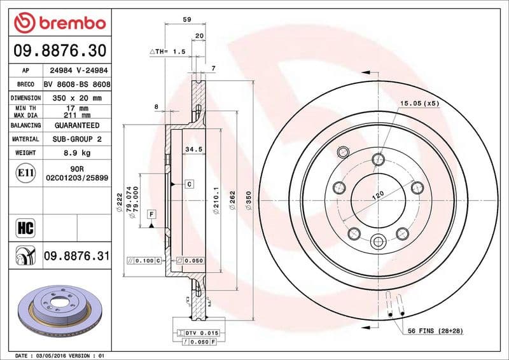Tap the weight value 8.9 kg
[x=77, y=153]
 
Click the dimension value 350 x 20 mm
[x=77, y=98]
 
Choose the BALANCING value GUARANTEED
[x=77, y=125]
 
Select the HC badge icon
[x=25, y=226]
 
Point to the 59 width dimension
[x=187, y=20]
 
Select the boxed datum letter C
[x=189, y=184]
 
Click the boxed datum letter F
[x=151, y=214]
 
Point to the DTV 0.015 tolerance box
[x=202, y=333]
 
